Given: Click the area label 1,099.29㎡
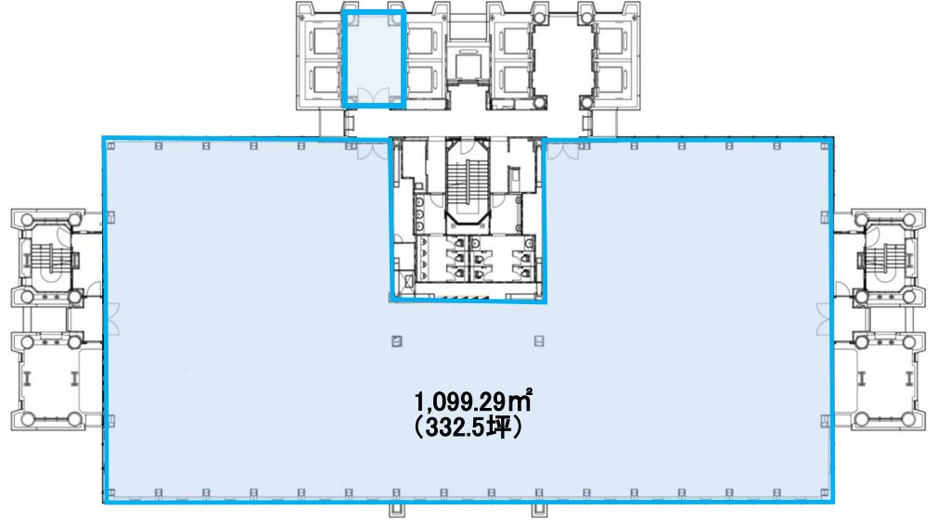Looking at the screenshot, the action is [x=473, y=402].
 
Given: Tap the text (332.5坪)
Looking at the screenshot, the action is [x=468, y=427].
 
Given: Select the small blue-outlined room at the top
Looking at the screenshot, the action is [x=374, y=59].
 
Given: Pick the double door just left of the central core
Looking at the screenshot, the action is [x=373, y=151].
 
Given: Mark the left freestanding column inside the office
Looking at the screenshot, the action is [x=396, y=341].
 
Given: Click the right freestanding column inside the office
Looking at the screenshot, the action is [x=539, y=341].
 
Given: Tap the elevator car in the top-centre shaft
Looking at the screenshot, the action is [x=468, y=66].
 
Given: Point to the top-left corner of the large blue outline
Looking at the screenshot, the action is [x=105, y=138].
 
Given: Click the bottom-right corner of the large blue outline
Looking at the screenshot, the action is [x=831, y=501].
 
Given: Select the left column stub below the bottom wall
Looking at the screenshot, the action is [x=396, y=510].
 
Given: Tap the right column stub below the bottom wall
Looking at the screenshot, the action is [x=540, y=510].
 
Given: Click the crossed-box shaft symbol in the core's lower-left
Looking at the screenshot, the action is [x=409, y=281].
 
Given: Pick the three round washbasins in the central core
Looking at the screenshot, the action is [x=419, y=212].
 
